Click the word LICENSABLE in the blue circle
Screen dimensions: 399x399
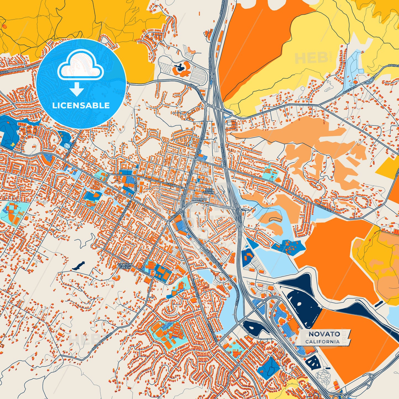click(x=81, y=105)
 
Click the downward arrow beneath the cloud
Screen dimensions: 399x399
click(x=77, y=90)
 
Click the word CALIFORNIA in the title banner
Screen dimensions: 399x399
click(x=323, y=342)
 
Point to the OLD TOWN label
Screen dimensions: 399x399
click(x=209, y=191)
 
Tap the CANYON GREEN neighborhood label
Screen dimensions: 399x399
click(x=125, y=266)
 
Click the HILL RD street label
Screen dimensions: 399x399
click(x=144, y=272)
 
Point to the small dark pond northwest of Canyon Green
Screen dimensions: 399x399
click(x=78, y=265)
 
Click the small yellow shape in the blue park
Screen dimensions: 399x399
click(x=12, y=144)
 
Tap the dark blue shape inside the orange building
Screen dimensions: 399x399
click(x=180, y=67)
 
